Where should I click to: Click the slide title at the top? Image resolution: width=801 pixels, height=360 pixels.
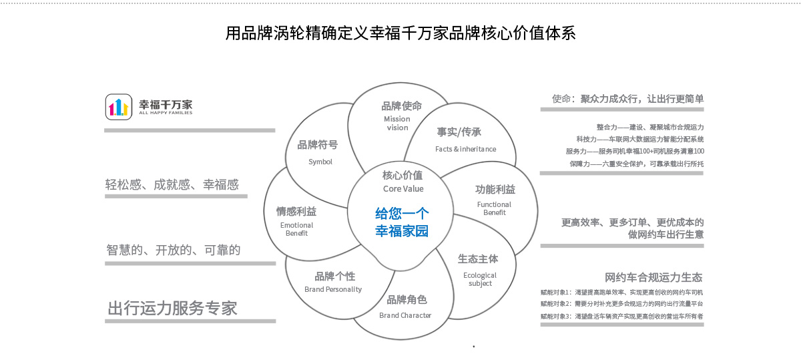click(x=400, y=33)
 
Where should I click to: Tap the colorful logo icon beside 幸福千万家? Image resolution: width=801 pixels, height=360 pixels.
click(x=118, y=107)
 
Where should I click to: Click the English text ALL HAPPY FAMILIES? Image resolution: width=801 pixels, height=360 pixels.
click(x=166, y=113)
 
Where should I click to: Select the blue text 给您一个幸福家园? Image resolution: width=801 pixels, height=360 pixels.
click(x=401, y=223)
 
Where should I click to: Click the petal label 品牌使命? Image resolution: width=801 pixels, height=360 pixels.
click(x=402, y=106)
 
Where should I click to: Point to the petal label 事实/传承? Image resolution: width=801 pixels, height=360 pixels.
click(x=459, y=132)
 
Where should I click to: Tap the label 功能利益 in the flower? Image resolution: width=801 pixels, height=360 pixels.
click(x=495, y=190)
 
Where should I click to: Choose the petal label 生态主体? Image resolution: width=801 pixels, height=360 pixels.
click(x=478, y=258)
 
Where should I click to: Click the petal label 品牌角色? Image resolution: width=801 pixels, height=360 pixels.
click(x=407, y=299)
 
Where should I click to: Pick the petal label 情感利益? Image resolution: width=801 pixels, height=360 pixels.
click(x=296, y=212)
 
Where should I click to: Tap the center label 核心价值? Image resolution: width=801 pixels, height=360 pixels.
click(x=403, y=176)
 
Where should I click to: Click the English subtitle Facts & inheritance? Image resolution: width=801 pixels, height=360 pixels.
click(x=466, y=149)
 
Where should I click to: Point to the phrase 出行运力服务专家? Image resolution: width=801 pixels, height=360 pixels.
click(x=173, y=308)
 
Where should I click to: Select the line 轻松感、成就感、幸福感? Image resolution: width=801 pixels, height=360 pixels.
click(x=172, y=185)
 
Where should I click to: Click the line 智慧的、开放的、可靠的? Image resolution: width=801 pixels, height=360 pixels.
click(x=174, y=250)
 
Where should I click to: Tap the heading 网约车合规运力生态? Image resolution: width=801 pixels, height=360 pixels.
click(x=653, y=277)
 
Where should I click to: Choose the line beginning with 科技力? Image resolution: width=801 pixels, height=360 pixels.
click(x=639, y=139)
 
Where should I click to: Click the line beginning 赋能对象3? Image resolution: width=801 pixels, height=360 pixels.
click(x=622, y=316)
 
